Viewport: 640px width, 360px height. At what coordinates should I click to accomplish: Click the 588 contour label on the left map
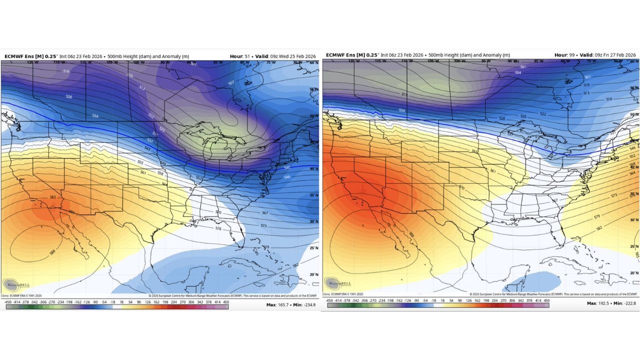tap(52, 252)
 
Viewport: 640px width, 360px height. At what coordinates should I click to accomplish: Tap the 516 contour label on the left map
tap(66, 71)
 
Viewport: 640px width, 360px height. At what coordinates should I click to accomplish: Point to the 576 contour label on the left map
tap(218, 228)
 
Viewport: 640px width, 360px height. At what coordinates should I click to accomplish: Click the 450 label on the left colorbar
tap(225, 302)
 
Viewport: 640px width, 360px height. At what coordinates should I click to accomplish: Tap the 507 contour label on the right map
tap(587, 77)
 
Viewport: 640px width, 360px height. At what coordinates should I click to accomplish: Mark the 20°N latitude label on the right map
tap(633, 272)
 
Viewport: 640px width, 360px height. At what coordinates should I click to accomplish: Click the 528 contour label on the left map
tap(69, 96)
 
